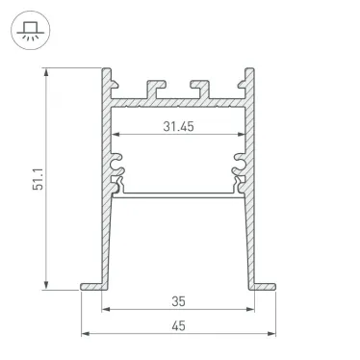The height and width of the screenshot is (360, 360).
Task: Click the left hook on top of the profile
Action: pyautogui.click(x=151, y=88)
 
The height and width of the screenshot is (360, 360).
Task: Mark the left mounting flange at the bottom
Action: pyautogui.click(x=91, y=286)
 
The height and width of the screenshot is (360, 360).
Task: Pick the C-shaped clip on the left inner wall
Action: pyautogui.click(x=118, y=167)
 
